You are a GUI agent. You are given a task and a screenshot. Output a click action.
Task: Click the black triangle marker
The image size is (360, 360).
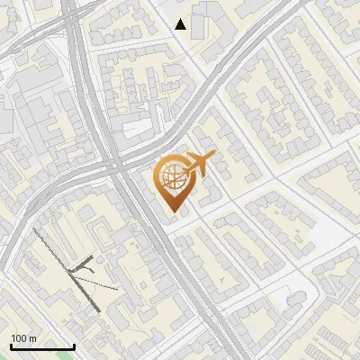point(181,24)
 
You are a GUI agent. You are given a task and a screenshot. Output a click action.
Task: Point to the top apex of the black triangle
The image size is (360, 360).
point(181,19)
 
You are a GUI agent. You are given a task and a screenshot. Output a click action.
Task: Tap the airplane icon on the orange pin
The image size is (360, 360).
point(198,166)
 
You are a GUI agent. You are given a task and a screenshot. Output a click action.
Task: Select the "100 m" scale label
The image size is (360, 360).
point(23,338)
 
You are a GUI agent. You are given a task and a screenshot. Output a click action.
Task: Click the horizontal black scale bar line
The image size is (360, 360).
point(42,346)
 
